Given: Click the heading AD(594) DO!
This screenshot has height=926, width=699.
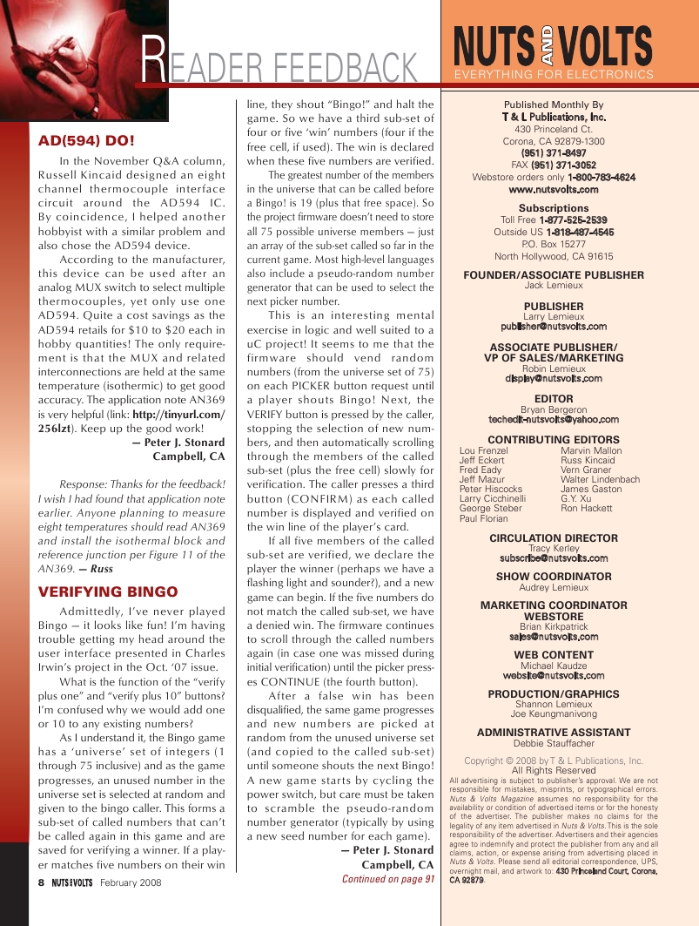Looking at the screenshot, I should (x=86, y=140).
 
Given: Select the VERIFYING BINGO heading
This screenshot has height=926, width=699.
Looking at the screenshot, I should (x=108, y=591).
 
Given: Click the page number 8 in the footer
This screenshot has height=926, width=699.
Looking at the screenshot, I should (x=41, y=882).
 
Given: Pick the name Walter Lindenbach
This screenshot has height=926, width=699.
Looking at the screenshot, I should (x=600, y=479).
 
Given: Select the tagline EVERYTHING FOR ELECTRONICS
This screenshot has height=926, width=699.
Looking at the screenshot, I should (x=554, y=75).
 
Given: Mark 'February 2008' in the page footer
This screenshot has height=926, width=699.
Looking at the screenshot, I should (x=131, y=882).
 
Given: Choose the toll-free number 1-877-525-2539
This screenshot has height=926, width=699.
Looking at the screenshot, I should (x=572, y=220).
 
